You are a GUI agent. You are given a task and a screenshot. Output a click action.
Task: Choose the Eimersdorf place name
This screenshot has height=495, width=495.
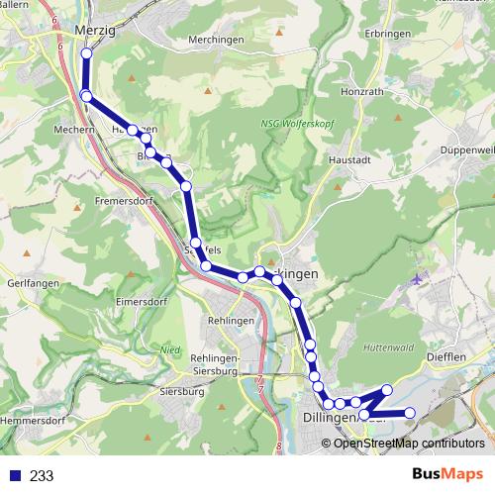(x=145, y=301)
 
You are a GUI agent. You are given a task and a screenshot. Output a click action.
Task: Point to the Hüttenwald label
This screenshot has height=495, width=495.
(x=387, y=348)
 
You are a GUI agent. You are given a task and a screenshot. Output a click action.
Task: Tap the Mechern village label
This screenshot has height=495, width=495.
(x=71, y=129)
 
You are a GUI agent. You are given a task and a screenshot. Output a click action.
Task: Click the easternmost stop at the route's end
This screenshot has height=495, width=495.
(x=410, y=412)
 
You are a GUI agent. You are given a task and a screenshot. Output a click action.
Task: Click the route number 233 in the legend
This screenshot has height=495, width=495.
(x=43, y=475)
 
